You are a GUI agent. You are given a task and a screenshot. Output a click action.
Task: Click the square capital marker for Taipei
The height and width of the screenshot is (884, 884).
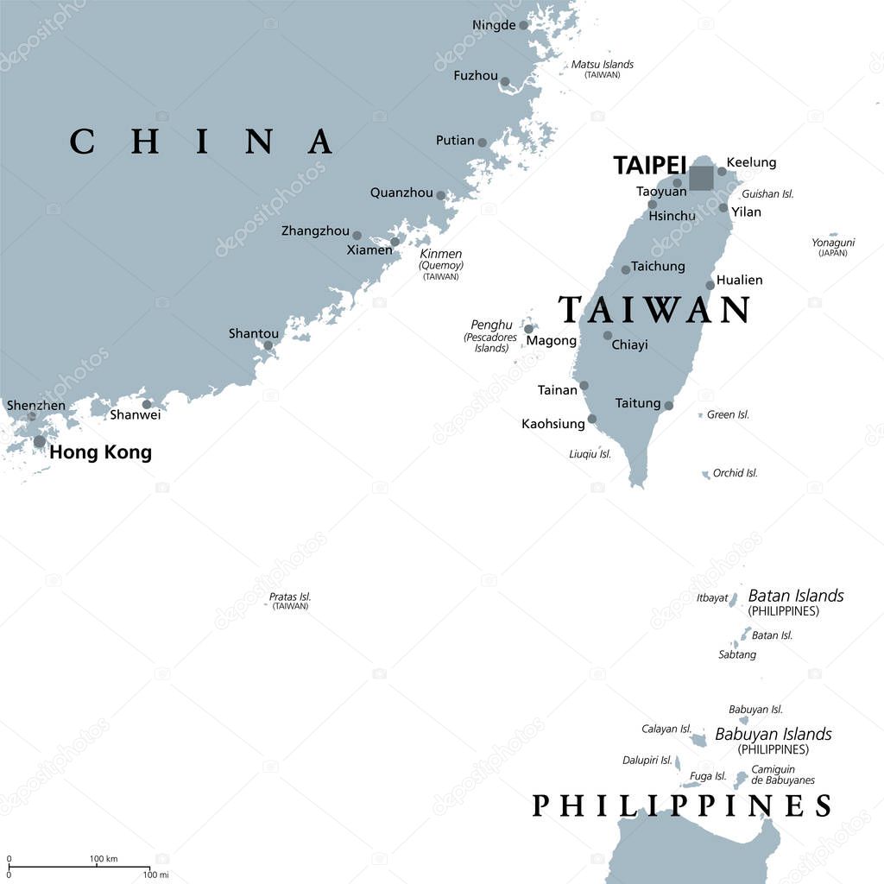pyautogui.click(x=701, y=178)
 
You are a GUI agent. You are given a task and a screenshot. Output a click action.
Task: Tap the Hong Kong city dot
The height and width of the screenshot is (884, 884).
pyautogui.click(x=40, y=442)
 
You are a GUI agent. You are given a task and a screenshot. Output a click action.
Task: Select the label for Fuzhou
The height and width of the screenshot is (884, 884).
pyautogui.click(x=476, y=76)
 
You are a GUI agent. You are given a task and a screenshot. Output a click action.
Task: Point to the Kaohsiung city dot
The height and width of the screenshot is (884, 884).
pyautogui.click(x=592, y=420)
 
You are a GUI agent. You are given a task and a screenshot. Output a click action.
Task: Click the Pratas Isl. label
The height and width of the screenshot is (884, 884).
pyautogui.click(x=289, y=597)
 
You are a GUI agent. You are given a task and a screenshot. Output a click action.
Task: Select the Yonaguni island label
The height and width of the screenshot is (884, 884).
pyautogui.click(x=832, y=243)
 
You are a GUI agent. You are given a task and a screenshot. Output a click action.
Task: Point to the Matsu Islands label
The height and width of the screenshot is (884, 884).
pyautogui.click(x=602, y=65)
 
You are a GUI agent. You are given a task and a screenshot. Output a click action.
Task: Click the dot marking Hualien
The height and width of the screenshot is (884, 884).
pyautogui.click(x=710, y=285)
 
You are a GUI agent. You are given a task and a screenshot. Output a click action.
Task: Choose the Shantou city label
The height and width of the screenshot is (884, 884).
pyautogui.click(x=253, y=333)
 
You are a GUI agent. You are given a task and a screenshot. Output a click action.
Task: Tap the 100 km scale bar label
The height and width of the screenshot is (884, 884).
pyautogui.click(x=104, y=858)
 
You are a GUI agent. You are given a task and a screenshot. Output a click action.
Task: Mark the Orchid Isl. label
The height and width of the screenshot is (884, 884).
pyautogui.click(x=735, y=473)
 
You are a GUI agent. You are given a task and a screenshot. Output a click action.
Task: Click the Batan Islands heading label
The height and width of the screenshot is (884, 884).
pyautogui.click(x=795, y=596)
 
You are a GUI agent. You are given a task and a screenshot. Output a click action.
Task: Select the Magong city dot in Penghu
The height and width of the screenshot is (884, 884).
pyautogui.click(x=528, y=329)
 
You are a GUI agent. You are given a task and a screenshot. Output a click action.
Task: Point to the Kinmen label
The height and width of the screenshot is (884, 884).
pyautogui.click(x=440, y=254)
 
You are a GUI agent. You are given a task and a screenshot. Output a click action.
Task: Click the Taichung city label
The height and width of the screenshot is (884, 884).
pyautogui.click(x=658, y=266)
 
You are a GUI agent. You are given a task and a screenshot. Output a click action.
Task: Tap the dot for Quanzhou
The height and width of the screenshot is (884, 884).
pyautogui.click(x=441, y=196)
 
